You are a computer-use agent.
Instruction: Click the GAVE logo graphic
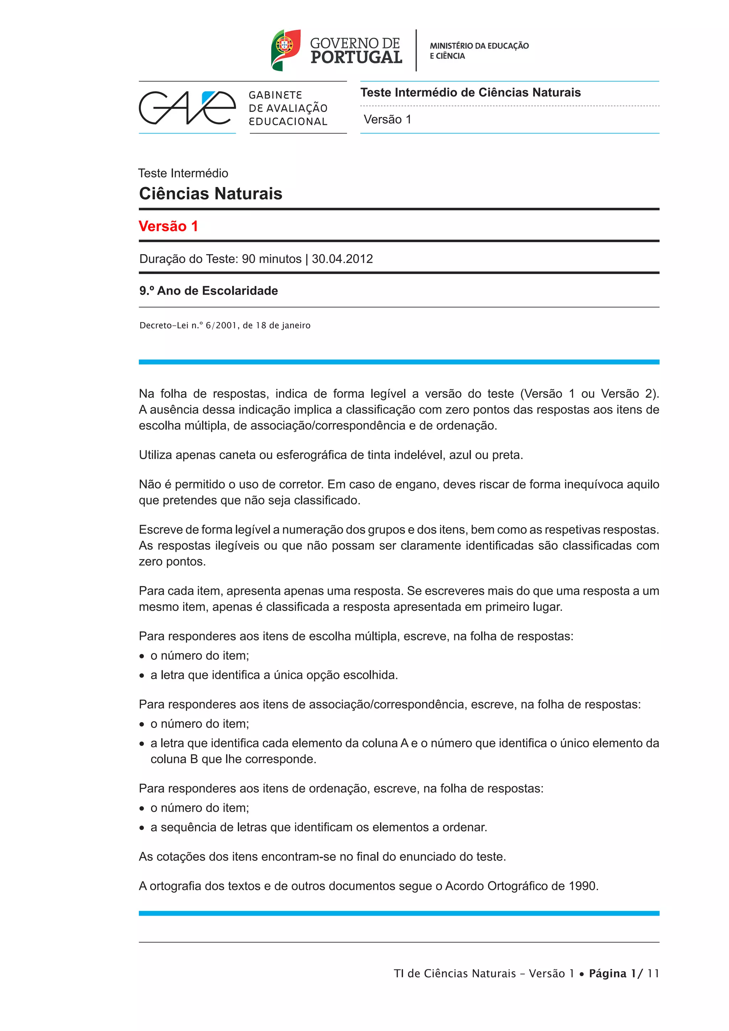click(187, 108)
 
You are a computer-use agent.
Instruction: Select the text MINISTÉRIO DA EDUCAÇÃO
click(479, 46)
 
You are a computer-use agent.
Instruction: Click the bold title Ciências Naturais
click(210, 194)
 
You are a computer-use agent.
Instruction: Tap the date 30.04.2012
click(342, 259)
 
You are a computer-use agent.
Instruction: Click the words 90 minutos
click(272, 259)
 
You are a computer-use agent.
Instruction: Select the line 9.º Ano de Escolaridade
click(208, 291)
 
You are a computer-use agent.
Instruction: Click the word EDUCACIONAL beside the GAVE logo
click(288, 122)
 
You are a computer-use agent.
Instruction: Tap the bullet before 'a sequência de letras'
click(142, 828)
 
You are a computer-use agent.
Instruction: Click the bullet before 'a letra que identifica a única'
click(142, 675)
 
